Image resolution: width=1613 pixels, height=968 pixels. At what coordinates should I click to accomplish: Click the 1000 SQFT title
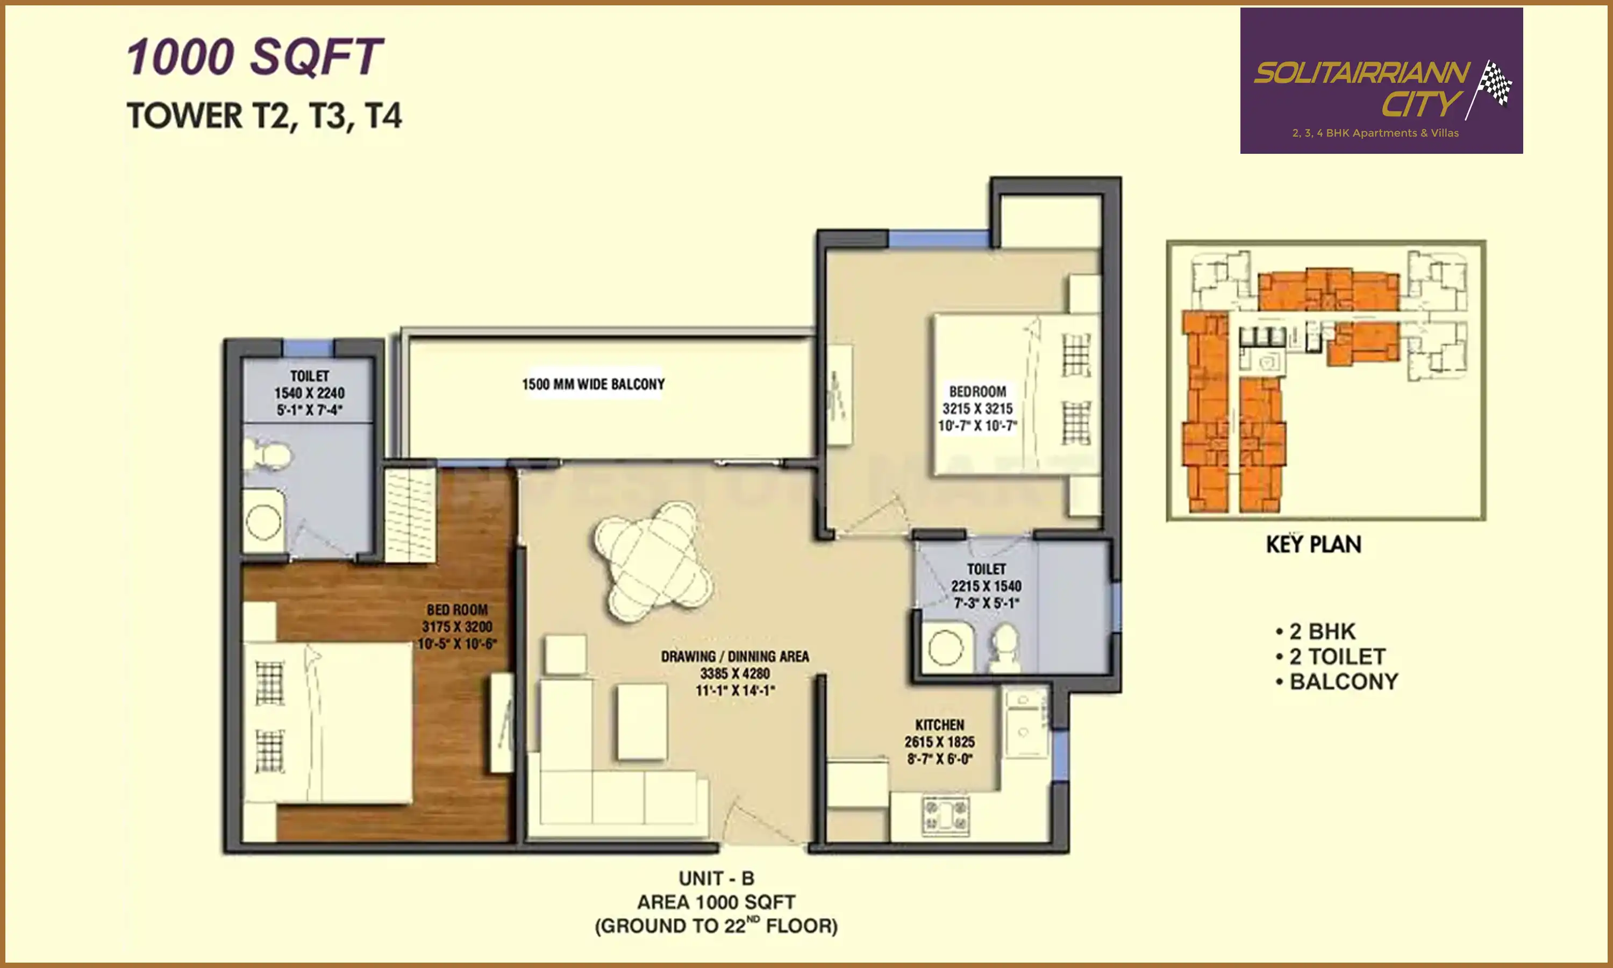[x=254, y=57]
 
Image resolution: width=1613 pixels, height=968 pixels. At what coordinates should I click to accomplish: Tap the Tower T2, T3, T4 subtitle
[x=264, y=116]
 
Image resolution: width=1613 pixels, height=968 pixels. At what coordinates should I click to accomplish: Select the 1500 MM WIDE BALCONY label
[x=593, y=384]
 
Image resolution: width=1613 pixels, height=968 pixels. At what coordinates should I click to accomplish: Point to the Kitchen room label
[x=939, y=725]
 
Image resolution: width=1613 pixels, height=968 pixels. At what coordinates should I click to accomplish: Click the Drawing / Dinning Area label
[x=735, y=656]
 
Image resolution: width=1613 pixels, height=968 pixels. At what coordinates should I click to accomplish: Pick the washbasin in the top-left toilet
[x=263, y=522]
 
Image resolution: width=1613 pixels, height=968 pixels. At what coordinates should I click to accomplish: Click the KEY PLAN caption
[x=1313, y=545]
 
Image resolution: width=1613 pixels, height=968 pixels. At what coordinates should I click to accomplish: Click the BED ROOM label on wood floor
[x=457, y=610]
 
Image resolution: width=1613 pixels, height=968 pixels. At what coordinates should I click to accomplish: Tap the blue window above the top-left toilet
[x=308, y=346]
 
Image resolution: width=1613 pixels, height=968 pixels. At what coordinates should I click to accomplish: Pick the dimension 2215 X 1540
[x=986, y=586]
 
